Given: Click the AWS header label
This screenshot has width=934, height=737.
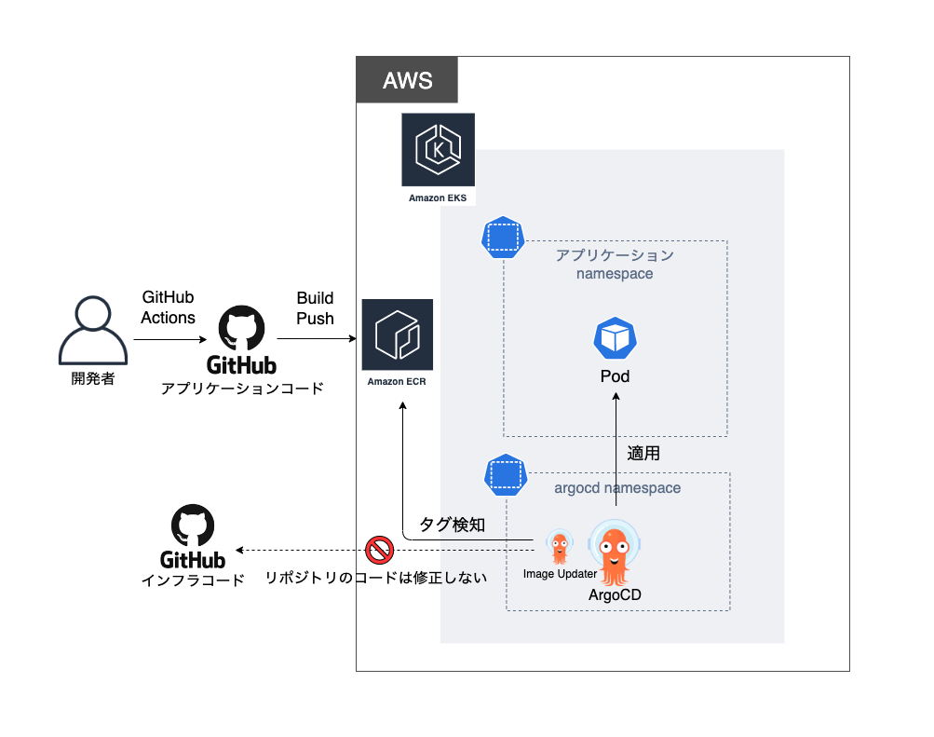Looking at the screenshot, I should (407, 80).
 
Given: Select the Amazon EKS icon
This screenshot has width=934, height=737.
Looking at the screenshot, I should (438, 151).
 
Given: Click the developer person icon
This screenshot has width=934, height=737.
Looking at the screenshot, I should (92, 331).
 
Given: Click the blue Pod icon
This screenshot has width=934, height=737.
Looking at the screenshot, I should (615, 339).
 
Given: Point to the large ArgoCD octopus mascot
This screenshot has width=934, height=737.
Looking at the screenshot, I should (614, 553).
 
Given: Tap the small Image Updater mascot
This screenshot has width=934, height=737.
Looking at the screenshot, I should (559, 547).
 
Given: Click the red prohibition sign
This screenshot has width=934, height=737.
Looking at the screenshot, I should (378, 550).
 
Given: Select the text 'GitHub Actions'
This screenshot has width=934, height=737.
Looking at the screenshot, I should (168, 307).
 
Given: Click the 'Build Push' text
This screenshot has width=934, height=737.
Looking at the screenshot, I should (315, 308).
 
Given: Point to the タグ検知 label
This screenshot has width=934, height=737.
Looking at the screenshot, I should (452, 525).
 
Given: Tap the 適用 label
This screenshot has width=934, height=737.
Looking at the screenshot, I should (643, 454).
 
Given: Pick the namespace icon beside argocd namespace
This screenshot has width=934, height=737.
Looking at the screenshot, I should (505, 475).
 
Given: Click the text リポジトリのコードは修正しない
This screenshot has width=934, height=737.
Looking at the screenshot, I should (376, 578).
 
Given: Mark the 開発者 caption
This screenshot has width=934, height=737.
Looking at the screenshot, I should (92, 379).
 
